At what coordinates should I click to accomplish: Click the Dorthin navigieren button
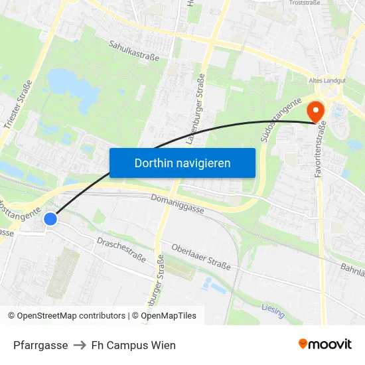click(x=183, y=163)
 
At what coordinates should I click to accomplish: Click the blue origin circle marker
click(x=50, y=218)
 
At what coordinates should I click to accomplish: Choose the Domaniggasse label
click(x=177, y=203)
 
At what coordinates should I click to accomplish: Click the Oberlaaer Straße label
click(x=201, y=257)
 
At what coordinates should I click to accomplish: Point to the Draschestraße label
click(x=121, y=249)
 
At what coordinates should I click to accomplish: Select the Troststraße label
click(x=306, y=3)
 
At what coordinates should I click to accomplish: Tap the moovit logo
click(x=325, y=344)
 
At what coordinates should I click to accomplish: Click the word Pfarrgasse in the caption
click(x=40, y=345)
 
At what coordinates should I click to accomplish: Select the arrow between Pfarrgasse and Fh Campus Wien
click(x=80, y=345)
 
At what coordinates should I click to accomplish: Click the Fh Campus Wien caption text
click(x=133, y=345)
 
